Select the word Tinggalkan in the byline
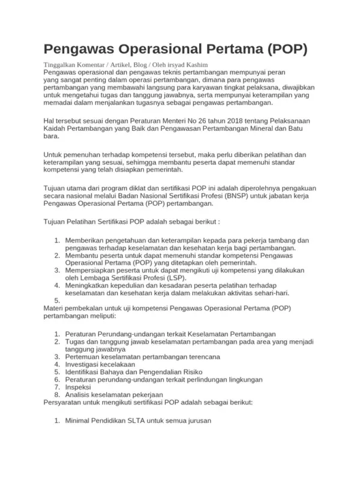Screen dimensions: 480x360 61,64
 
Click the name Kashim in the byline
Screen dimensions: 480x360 196,64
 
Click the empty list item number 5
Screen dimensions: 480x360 58,301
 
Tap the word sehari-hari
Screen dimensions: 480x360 271,293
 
